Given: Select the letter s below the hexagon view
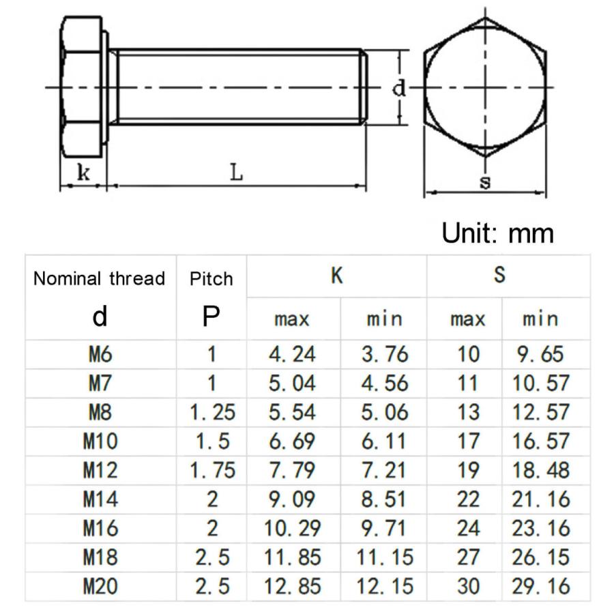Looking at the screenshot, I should (486, 182).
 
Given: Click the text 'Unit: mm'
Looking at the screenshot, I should (497, 233).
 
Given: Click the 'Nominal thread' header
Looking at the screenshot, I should (100, 278).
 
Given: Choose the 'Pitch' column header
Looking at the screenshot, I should (211, 278).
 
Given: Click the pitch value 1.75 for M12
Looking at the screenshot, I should (211, 470).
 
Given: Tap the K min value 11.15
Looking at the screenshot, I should (384, 557).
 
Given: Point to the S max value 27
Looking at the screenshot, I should (469, 557).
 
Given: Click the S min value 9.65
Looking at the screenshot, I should (539, 354).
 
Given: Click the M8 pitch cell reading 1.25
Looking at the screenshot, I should (211, 412).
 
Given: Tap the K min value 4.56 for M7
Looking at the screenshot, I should (384, 383).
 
